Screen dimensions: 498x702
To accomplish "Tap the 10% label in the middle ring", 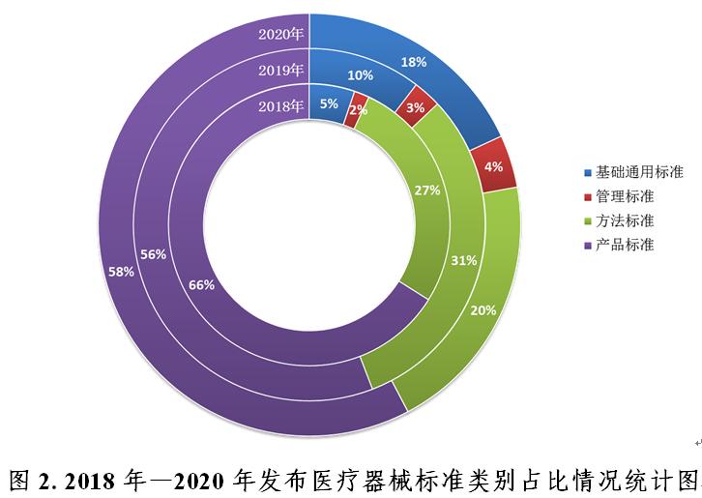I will [361, 74].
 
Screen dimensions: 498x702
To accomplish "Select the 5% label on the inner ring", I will [329, 104].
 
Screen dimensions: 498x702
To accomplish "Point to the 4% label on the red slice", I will [493, 166].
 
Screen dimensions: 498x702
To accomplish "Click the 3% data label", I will [416, 107].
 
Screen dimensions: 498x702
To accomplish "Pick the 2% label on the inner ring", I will [359, 110].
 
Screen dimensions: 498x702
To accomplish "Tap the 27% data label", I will [427, 190].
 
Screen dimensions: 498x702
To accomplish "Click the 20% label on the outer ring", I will [483, 310].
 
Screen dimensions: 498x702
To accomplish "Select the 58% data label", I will [121, 272].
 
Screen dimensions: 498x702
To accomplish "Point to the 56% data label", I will [153, 254].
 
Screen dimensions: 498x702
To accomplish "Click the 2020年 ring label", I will [281, 34].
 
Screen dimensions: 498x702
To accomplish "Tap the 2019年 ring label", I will [281, 70].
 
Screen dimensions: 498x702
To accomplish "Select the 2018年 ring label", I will [281, 105].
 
